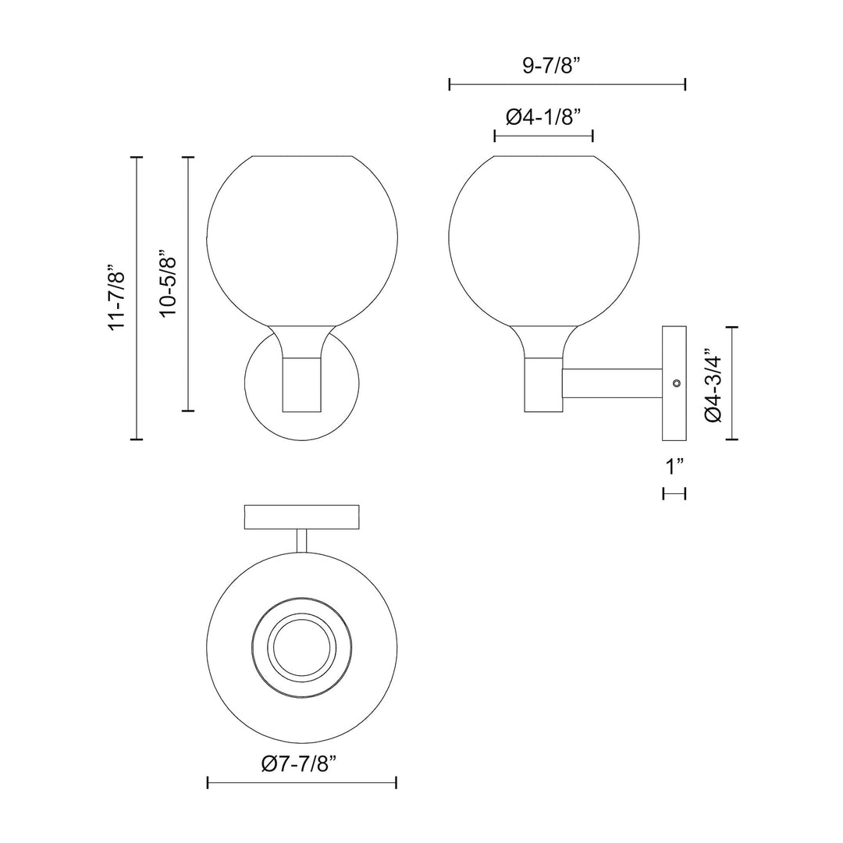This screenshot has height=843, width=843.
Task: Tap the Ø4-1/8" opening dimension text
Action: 544,117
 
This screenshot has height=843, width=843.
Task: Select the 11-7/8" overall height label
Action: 117,298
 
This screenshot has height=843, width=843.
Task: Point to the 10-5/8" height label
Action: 168,283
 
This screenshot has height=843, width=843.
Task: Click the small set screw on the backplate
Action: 676,383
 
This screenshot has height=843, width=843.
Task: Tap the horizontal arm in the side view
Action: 611,383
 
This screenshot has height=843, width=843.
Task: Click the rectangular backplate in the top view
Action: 301,517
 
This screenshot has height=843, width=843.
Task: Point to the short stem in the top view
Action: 301,542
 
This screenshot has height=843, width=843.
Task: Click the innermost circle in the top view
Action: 301,647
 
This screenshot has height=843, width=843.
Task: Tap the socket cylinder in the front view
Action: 301,384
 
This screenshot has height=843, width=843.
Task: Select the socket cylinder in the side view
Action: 542,384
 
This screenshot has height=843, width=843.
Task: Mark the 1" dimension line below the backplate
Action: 674,493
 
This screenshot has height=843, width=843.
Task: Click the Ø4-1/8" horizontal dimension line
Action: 544,137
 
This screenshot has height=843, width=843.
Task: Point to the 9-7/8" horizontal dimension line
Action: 567,84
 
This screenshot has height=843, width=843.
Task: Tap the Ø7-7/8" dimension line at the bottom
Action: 301,782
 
